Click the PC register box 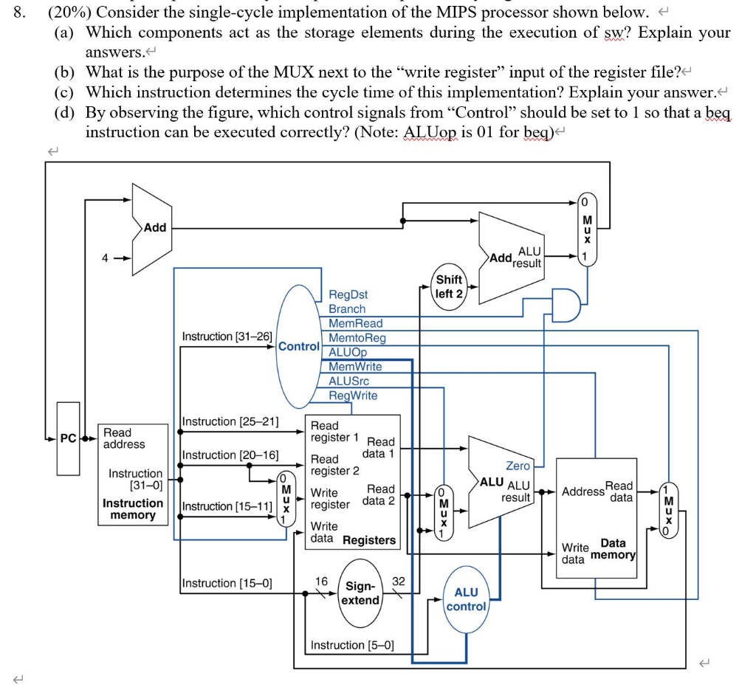pyautogui.click(x=68, y=438)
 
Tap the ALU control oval pyautogui.click(x=466, y=599)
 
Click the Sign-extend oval pyautogui.click(x=360, y=593)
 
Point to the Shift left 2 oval pyautogui.click(x=449, y=286)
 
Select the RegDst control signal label pyautogui.click(x=348, y=294)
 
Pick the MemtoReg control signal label pyautogui.click(x=357, y=338)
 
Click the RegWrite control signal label pyautogui.click(x=352, y=396)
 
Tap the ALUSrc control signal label pyautogui.click(x=348, y=381)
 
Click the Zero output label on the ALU pyautogui.click(x=518, y=466)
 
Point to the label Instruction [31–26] pyautogui.click(x=227, y=337)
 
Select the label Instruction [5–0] pyautogui.click(x=352, y=645)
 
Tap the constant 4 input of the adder pyautogui.click(x=106, y=258)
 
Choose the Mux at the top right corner pyautogui.click(x=588, y=229)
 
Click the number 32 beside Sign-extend pyautogui.click(x=399, y=581)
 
